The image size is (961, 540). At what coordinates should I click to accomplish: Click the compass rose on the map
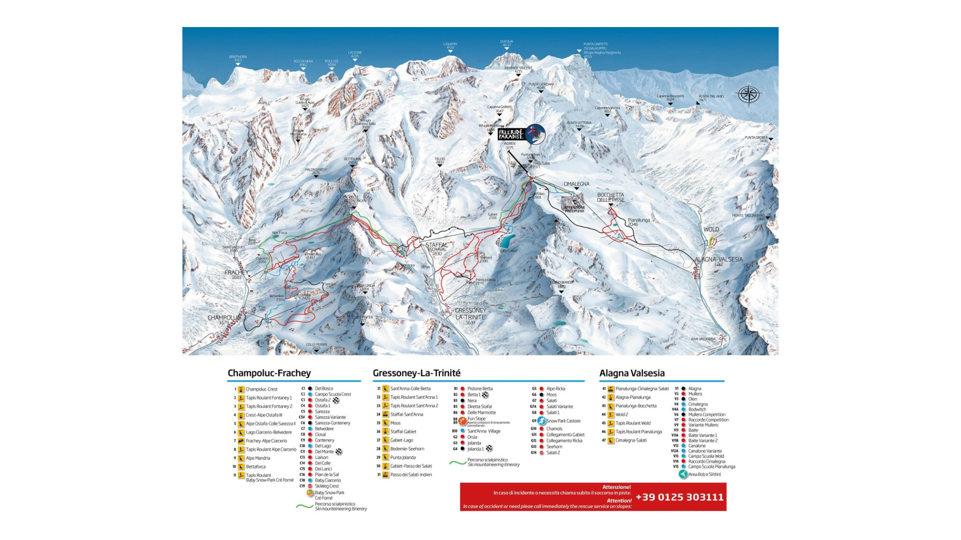pos(748,95)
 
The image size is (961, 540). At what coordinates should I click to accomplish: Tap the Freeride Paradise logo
pos(521,134)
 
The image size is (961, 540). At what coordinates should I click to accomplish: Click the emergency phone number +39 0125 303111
pos(679,497)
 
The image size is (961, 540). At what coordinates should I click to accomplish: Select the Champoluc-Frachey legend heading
pos(269,373)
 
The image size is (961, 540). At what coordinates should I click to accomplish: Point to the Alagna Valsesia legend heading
pos(632,373)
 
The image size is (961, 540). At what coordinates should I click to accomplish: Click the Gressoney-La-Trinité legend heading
pos(416,373)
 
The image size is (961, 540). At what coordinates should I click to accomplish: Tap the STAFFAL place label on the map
pos(436,245)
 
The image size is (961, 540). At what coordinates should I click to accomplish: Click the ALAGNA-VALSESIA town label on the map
pos(718,259)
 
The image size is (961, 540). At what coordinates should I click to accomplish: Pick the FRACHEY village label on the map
pos(236,273)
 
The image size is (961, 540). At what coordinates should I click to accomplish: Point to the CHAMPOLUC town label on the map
pos(223,318)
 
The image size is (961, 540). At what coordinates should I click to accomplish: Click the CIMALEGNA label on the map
pos(576,184)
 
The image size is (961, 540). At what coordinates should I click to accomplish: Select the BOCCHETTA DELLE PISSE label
pos(610,197)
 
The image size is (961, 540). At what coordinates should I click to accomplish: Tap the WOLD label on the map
pos(711,229)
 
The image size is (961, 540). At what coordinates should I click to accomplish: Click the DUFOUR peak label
pos(507,42)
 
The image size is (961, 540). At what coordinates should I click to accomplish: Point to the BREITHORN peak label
pos(238,57)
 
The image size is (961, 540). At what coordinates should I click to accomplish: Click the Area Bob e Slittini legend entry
pos(704,474)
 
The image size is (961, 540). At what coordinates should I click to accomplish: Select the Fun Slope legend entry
pos(476,419)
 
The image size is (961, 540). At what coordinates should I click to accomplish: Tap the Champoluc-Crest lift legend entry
pos(261,389)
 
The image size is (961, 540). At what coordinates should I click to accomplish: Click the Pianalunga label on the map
pos(638,220)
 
